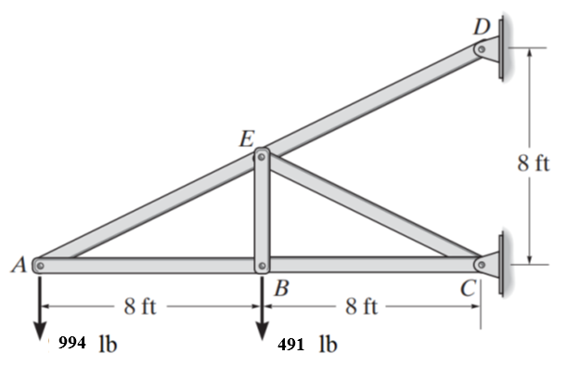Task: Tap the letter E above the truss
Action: tap(246, 140)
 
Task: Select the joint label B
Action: tap(279, 289)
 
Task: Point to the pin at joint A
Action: tap(40, 265)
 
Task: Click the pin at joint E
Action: tap(262, 156)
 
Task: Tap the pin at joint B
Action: tap(262, 265)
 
